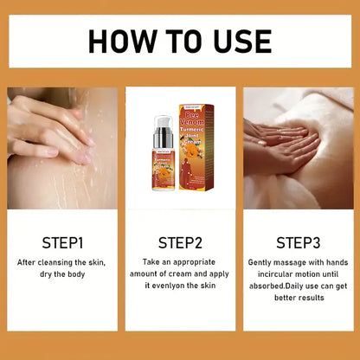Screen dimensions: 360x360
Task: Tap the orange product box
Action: (x=196, y=135)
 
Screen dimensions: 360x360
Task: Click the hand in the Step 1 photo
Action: (x=48, y=130)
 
